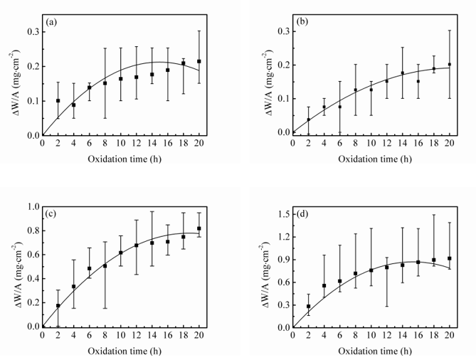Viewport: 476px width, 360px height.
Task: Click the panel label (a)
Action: click(51, 23)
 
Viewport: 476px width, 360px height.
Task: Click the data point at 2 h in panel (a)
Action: click(58, 101)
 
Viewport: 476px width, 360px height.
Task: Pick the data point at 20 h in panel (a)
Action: click(199, 61)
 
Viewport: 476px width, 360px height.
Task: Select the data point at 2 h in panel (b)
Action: click(308, 120)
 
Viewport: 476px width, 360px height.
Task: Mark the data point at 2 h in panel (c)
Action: click(58, 306)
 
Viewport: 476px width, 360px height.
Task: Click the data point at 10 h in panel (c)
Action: click(121, 253)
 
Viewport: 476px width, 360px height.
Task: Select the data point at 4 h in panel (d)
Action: click(324, 285)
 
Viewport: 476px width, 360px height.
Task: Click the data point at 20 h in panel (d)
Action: click(450, 258)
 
